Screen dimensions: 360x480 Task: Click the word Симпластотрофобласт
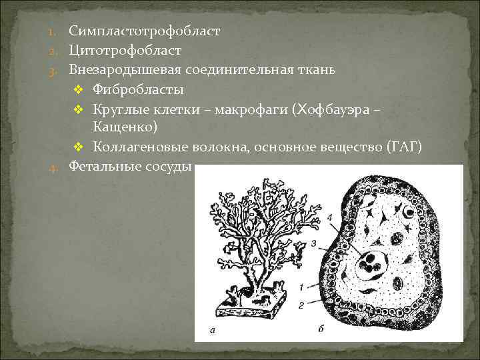click(x=144, y=31)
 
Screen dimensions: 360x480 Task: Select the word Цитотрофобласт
click(x=125, y=51)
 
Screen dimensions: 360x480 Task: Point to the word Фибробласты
click(x=138, y=89)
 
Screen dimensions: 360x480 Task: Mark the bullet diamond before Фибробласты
click(x=77, y=89)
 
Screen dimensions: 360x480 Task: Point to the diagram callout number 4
click(x=330, y=218)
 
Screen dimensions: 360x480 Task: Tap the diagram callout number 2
click(x=303, y=305)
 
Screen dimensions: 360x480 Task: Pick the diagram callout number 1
click(x=303, y=287)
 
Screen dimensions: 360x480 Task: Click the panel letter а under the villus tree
click(x=211, y=330)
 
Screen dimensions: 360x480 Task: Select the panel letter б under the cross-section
click(x=322, y=330)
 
